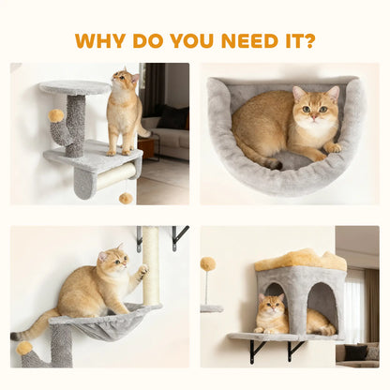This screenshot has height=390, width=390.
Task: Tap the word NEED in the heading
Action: (243, 41)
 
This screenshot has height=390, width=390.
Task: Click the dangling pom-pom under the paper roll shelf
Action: (125, 198)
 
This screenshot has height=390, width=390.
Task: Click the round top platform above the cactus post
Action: (74, 87)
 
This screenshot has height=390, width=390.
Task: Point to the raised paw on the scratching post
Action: (142, 272)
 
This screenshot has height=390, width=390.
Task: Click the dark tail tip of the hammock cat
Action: (16, 335)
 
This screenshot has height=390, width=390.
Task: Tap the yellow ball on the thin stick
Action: (207, 264)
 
